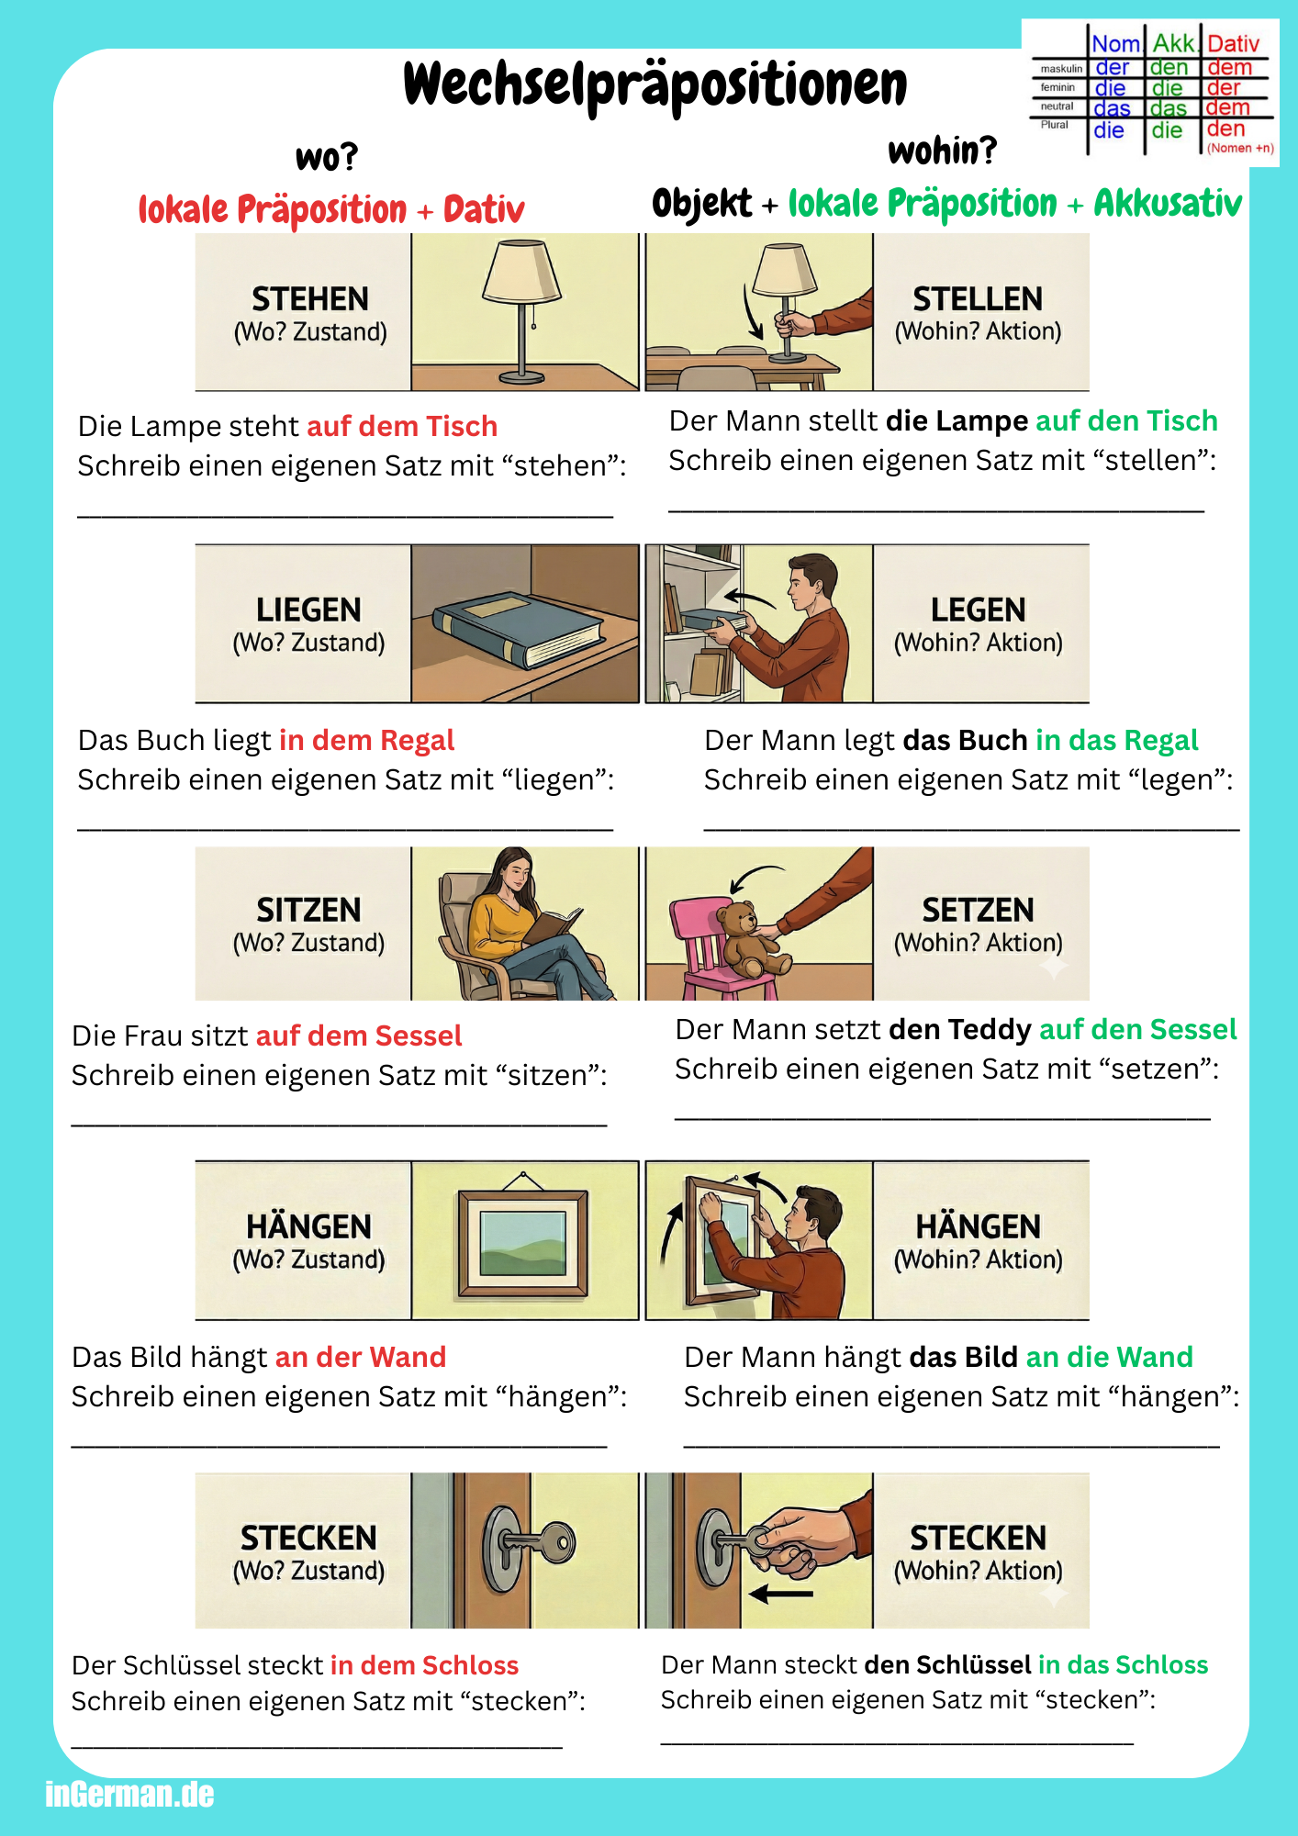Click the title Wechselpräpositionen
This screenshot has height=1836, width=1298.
tap(655, 85)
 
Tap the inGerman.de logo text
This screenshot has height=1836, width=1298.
tap(129, 1794)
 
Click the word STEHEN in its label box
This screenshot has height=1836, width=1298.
tap(310, 299)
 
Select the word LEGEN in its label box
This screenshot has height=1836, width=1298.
tap(979, 610)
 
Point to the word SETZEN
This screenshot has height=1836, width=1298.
tap(979, 910)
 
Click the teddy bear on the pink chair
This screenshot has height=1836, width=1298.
tap(750, 938)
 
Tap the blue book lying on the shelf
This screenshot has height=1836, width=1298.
tap(519, 628)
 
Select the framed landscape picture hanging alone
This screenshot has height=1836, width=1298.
tap(523, 1241)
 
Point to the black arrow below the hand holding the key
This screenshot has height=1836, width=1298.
tap(781, 1594)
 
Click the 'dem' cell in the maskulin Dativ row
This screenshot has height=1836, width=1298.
tap(1230, 68)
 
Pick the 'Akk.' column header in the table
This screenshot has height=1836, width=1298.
tap(1174, 44)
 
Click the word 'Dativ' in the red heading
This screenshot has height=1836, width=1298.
tap(484, 210)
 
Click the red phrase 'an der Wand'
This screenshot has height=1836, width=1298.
tap(361, 1357)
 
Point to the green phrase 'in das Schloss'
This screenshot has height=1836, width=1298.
tap(1123, 1664)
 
